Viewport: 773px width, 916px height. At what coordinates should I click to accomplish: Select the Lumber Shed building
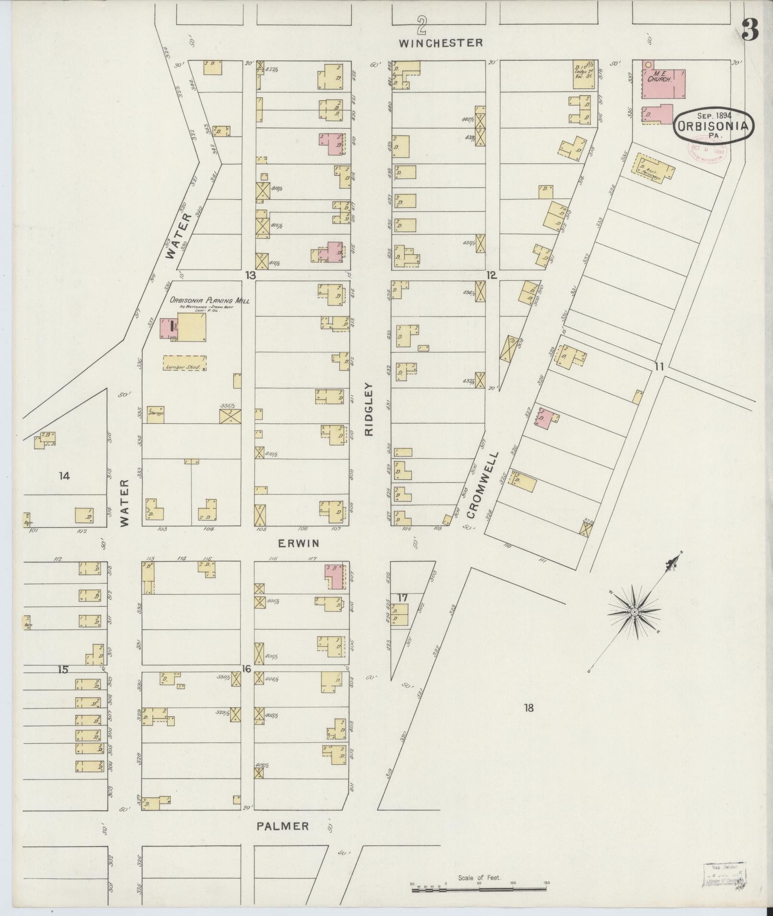185,363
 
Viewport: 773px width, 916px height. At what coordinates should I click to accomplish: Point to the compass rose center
634,612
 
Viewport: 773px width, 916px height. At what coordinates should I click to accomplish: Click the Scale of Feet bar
479,890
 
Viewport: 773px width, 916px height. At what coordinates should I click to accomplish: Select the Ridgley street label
369,409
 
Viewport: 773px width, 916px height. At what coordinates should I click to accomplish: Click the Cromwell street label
483,485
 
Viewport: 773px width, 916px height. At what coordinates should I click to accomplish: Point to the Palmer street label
282,826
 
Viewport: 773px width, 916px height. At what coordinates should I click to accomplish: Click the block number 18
528,708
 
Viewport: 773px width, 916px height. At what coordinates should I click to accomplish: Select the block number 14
64,475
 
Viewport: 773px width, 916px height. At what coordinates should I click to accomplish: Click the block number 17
402,598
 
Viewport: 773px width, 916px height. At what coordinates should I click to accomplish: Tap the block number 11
659,367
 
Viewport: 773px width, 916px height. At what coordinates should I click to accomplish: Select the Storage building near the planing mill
156,414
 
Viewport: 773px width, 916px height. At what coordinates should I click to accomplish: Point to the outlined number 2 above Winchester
421,25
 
